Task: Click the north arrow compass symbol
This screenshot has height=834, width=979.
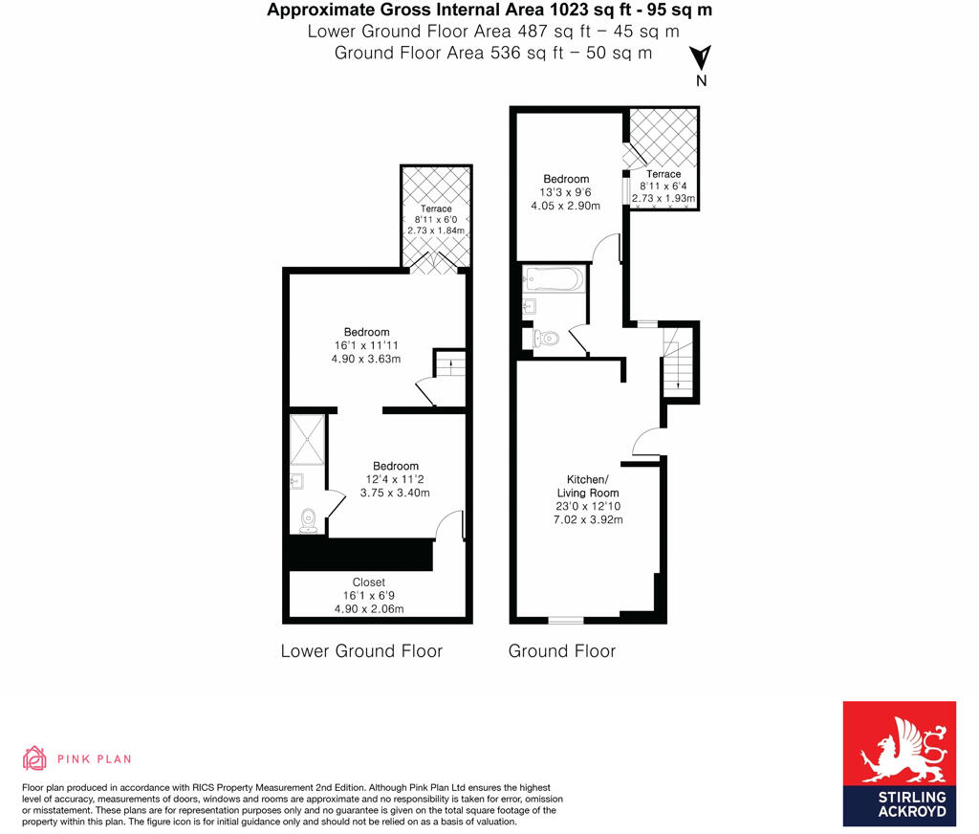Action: (701, 57)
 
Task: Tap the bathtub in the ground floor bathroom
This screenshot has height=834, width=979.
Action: (554, 280)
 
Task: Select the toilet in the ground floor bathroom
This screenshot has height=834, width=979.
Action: (545, 338)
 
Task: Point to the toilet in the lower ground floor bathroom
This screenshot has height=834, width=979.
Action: (308, 519)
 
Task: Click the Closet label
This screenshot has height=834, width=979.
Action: (368, 582)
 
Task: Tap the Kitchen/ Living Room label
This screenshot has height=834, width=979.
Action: (585, 486)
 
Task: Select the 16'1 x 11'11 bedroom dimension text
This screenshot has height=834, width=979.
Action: (368, 345)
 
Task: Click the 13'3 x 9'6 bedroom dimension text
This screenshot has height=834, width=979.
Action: (566, 192)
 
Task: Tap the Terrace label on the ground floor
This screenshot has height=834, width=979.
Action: (664, 174)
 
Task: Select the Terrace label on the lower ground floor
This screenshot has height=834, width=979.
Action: (436, 208)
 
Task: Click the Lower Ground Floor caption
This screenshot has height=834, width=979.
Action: (361, 651)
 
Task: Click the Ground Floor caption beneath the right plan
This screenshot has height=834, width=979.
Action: (562, 651)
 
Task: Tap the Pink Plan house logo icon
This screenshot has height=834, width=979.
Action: (34, 758)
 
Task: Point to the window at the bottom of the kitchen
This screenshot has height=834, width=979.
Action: (565, 620)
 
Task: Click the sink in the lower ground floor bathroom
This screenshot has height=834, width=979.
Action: (296, 482)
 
